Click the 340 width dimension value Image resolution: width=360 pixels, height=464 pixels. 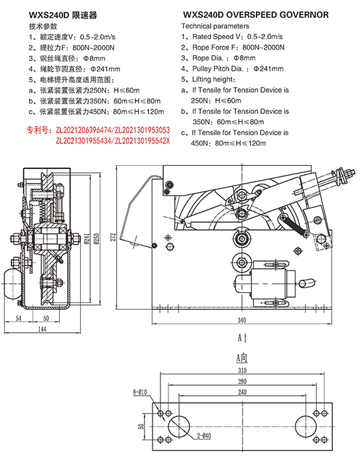242,320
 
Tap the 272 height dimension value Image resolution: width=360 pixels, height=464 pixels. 113,237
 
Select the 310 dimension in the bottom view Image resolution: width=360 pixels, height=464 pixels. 242,371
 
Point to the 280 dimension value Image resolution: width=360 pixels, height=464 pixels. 242,381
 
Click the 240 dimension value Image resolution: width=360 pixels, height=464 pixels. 242,392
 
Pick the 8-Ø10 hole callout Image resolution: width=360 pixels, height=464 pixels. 140,392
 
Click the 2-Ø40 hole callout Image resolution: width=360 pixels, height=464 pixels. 204,435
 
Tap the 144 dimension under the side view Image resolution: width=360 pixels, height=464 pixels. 42,329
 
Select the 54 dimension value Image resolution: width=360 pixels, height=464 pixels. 19,318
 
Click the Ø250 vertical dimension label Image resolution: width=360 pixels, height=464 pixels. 97,239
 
